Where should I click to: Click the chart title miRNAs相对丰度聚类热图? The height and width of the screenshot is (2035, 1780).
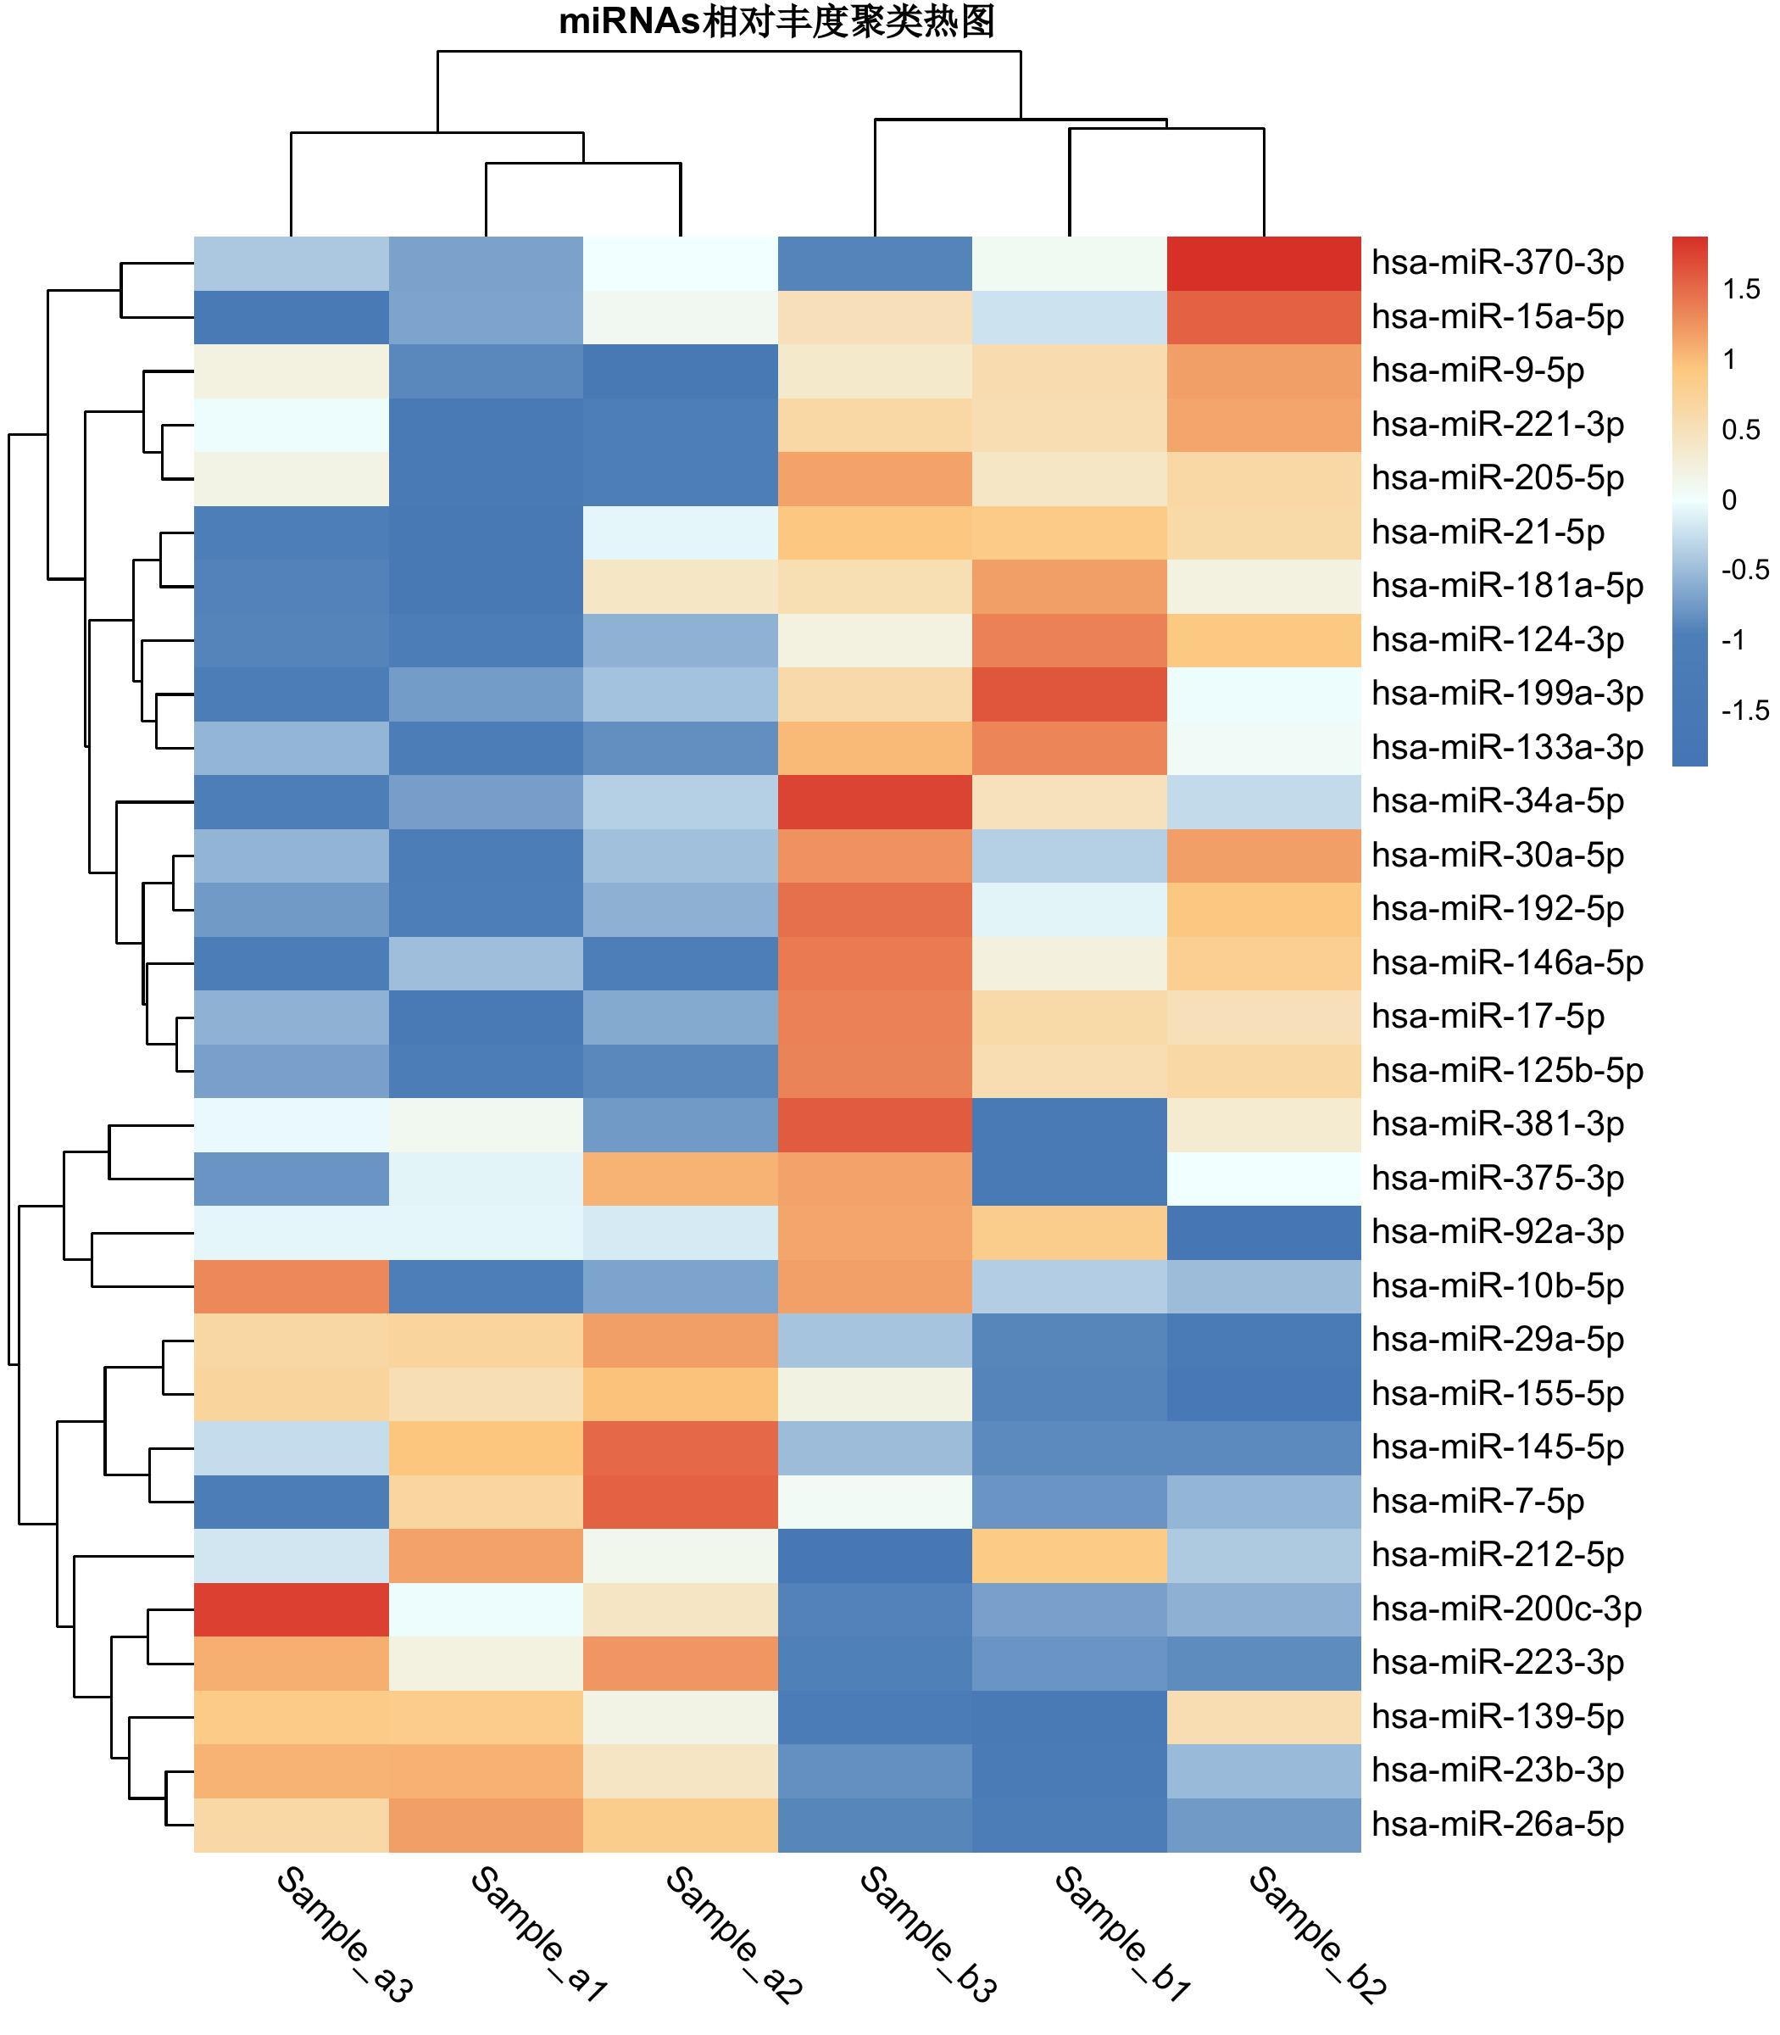(x=776, y=22)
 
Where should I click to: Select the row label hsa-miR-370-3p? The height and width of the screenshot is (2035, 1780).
(x=1497, y=264)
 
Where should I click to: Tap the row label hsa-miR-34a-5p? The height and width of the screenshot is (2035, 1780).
(x=1497, y=801)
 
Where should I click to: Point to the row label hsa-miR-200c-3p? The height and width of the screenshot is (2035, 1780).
(x=1506, y=1608)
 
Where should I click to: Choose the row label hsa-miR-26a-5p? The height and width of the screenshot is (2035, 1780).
(x=1497, y=1823)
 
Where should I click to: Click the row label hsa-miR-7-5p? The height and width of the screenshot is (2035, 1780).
(x=1477, y=1501)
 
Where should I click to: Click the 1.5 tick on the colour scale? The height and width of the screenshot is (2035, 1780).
(x=1741, y=290)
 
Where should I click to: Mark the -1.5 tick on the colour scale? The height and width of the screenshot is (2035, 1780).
(x=1744, y=711)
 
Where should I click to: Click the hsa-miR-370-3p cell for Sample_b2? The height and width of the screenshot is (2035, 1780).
(x=1264, y=264)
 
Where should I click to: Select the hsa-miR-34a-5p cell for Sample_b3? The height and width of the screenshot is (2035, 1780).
(x=874, y=801)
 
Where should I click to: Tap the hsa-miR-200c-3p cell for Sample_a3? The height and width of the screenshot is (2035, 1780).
(x=291, y=1608)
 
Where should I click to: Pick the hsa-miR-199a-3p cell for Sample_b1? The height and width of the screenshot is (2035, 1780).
(x=1069, y=694)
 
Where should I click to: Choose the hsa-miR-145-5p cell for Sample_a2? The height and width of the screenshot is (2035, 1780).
(x=681, y=1447)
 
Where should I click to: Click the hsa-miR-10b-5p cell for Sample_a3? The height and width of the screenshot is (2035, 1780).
(x=291, y=1285)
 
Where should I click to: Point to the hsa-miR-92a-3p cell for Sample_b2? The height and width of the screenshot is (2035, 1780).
(x=1264, y=1231)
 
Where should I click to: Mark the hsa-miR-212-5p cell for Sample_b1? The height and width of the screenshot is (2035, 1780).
(x=1069, y=1554)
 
